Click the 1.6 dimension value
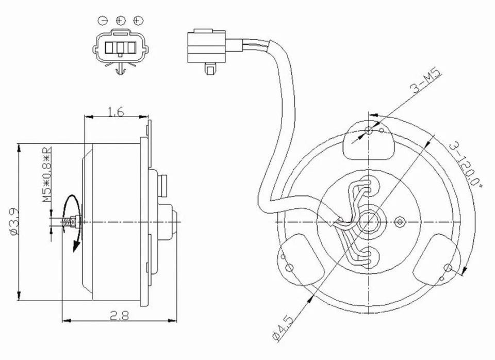116,111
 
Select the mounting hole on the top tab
368,130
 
